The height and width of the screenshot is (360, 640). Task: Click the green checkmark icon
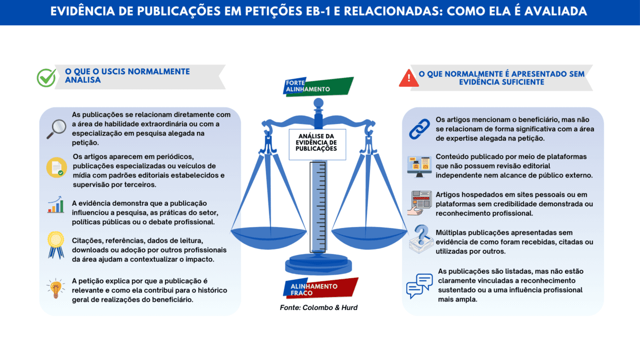[x=46, y=78]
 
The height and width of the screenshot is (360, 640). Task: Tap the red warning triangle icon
[x=409, y=78]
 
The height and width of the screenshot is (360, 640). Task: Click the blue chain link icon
[x=419, y=129]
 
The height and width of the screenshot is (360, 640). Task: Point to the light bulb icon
[x=55, y=288]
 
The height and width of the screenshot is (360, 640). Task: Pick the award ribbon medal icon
[x=55, y=245]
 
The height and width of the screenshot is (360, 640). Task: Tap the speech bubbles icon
[x=419, y=285]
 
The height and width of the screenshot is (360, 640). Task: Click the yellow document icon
[x=56, y=167]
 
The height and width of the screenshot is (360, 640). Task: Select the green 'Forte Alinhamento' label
[x=318, y=86]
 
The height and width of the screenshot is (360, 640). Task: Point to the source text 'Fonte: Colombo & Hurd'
[x=318, y=308]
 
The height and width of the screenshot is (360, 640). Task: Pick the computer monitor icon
[x=419, y=166]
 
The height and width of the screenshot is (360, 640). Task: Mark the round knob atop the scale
[x=318, y=104]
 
